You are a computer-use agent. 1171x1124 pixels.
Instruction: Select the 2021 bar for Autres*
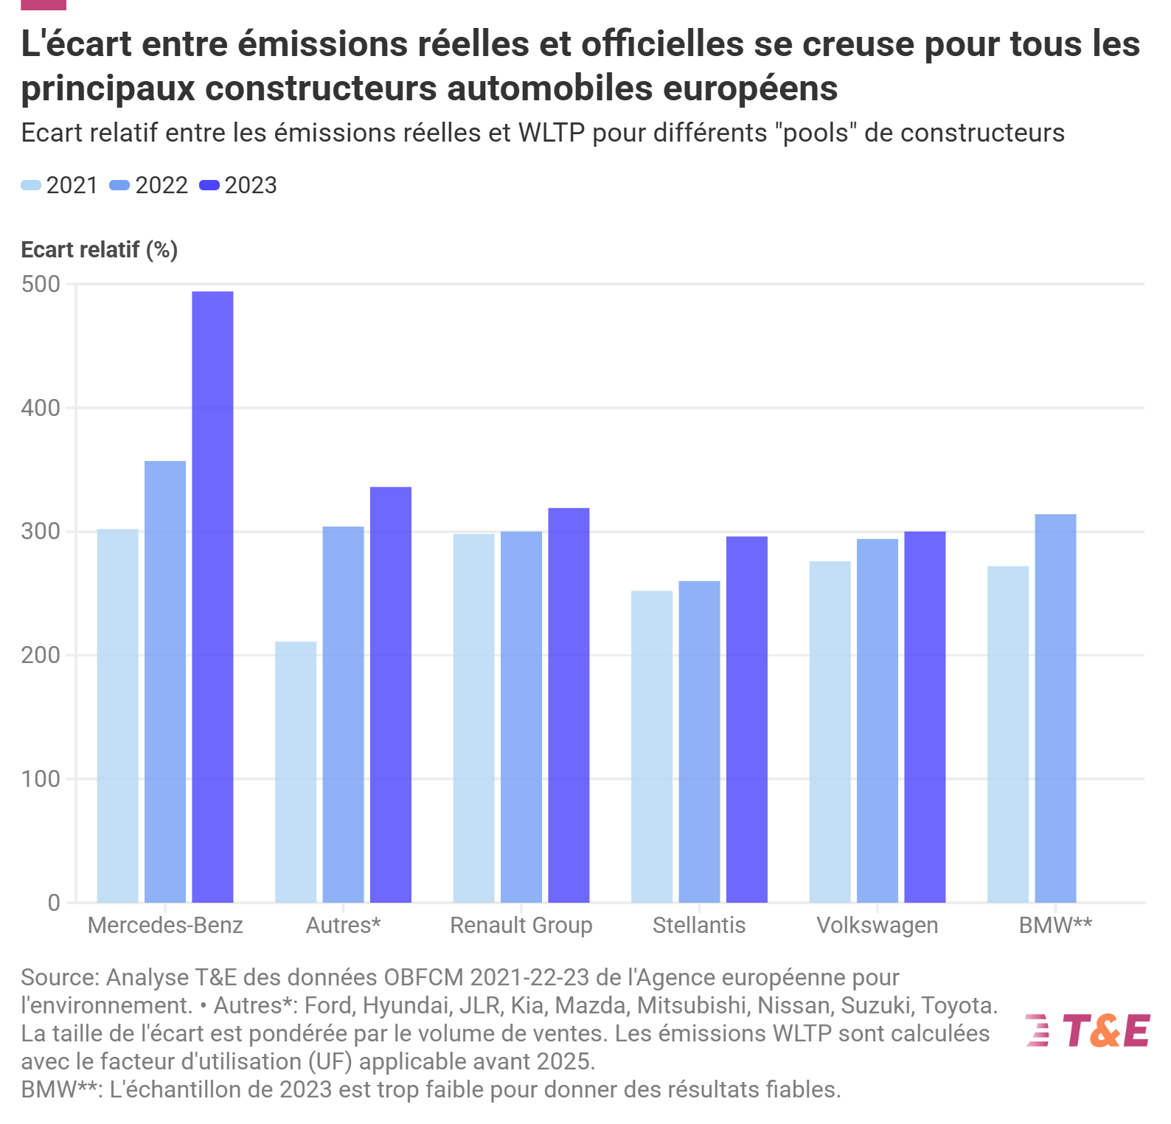tap(296, 771)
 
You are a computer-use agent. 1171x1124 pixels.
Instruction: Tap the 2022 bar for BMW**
tap(1055, 708)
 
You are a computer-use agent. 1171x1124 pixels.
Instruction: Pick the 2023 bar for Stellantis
tap(746, 719)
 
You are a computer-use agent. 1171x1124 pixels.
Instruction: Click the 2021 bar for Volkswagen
tap(830, 732)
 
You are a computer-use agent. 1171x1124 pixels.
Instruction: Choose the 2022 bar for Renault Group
tap(521, 716)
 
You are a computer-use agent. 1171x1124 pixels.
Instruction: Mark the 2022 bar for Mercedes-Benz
tap(165, 681)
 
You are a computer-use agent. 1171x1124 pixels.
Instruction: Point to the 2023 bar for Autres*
tap(391, 694)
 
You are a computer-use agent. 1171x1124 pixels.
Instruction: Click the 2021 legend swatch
tap(31, 185)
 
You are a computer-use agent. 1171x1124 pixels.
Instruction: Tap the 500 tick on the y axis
tap(41, 285)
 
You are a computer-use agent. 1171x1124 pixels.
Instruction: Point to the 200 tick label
tap(41, 656)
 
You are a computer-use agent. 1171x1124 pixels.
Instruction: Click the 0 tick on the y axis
tap(54, 903)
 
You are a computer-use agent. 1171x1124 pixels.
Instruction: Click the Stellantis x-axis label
tap(699, 925)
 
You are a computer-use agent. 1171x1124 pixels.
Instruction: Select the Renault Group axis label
tap(521, 925)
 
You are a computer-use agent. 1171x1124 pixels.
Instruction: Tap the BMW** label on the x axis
tap(1055, 925)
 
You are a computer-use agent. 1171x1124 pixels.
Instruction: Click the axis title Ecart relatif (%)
tap(100, 250)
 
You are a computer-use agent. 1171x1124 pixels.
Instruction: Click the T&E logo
tap(1088, 1030)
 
